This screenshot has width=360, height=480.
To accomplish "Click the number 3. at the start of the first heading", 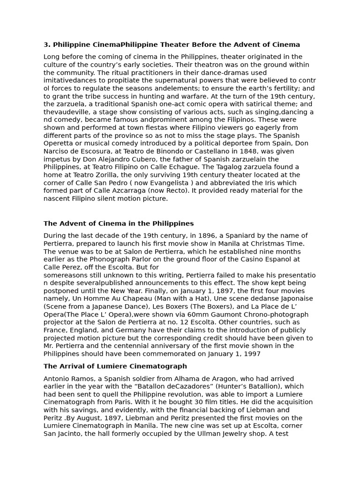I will pos(47,45).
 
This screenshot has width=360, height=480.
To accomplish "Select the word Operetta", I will pos(59,143).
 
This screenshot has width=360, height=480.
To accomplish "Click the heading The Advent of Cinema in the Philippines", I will pos(119,224).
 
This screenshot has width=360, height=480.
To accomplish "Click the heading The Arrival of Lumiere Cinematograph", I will pos(115,366).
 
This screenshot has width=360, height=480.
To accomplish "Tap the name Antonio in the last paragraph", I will pos(57,379).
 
